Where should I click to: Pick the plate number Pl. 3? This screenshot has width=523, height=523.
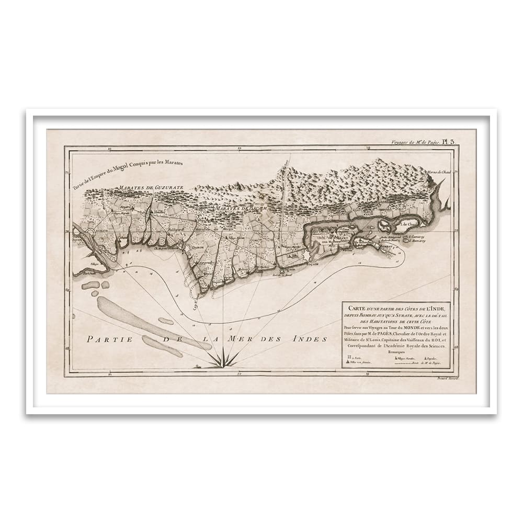click(449, 141)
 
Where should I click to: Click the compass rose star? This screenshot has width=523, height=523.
click(219, 359)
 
